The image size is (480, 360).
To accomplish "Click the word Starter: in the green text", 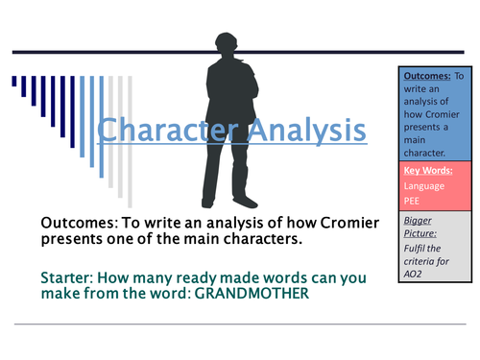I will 70,276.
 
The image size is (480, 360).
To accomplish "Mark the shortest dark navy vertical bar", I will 14,84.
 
